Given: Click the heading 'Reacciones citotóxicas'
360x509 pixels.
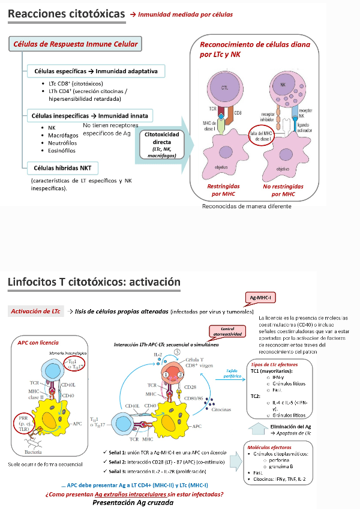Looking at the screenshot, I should pyautogui.click(x=67, y=13).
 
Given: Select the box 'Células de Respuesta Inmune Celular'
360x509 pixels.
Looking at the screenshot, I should pyautogui.click(x=76, y=44).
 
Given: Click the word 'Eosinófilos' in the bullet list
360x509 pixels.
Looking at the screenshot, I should pyautogui.click(x=62, y=151).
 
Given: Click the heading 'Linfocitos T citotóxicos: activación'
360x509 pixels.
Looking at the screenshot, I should pyautogui.click(x=94, y=282).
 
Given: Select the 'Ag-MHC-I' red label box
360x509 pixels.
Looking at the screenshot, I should pyautogui.click(x=263, y=297).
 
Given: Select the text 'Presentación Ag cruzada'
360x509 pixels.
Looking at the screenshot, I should pyautogui.click(x=133, y=502).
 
